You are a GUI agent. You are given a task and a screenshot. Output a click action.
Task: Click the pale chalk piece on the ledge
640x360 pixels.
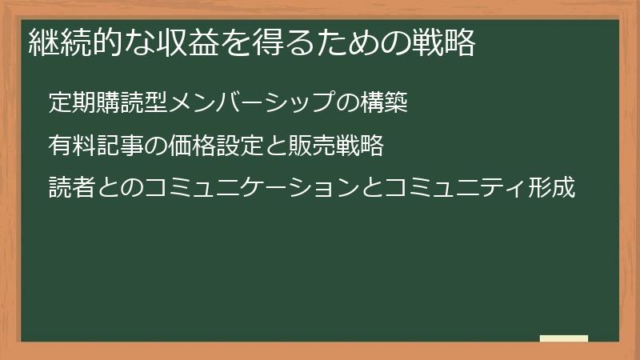(x=564, y=338)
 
